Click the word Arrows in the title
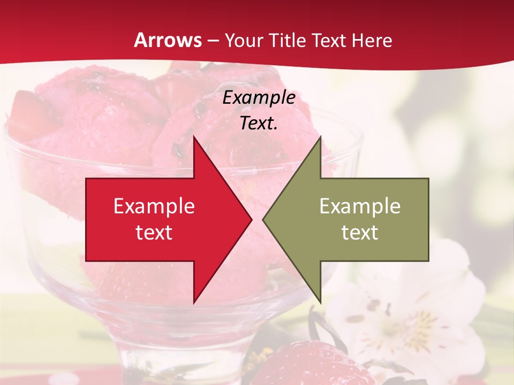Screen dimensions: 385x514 tap(168, 41)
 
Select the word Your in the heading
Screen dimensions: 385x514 tap(243, 41)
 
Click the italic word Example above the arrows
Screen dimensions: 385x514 tap(259, 97)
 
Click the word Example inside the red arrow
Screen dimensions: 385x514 tap(154, 206)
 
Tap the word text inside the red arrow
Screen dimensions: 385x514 tap(154, 233)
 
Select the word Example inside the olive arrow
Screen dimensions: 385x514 tap(360, 206)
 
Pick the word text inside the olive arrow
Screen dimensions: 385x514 tap(360, 233)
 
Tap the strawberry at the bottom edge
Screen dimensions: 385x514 tap(305, 366)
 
